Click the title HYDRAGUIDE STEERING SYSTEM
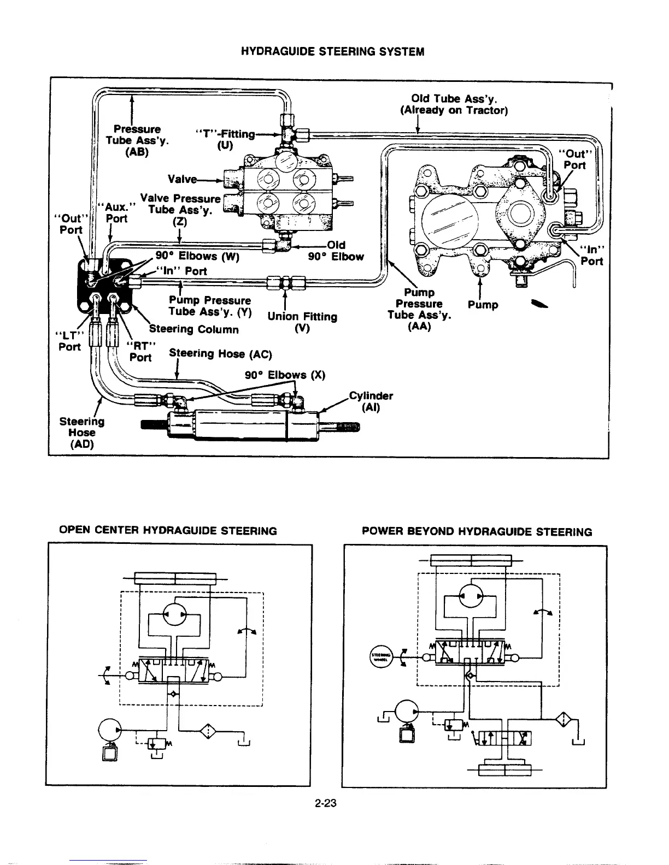(x=333, y=52)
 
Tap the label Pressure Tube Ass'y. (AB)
(x=137, y=140)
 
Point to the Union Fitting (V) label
(x=302, y=322)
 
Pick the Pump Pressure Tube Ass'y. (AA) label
(x=419, y=309)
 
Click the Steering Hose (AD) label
(x=81, y=432)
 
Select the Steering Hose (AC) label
(x=220, y=353)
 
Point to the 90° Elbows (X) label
(x=284, y=375)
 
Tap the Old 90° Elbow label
(x=336, y=251)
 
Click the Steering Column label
(x=194, y=329)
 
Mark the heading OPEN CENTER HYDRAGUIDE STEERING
(x=168, y=531)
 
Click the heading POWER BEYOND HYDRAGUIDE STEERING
(x=477, y=532)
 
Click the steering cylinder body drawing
(x=243, y=426)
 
